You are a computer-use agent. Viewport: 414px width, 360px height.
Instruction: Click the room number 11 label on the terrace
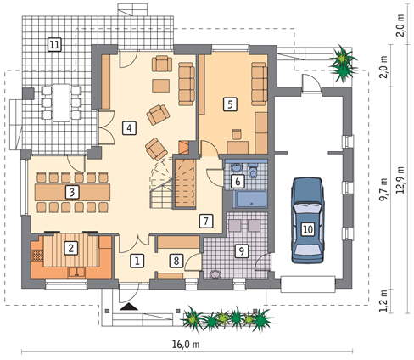coord(54,45)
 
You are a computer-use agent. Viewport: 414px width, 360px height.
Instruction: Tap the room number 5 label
coord(230,104)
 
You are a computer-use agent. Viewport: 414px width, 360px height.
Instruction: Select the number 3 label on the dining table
coord(72,192)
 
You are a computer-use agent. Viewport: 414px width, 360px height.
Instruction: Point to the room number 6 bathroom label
coord(238,181)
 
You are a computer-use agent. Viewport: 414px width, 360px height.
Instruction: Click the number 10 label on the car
coord(308,228)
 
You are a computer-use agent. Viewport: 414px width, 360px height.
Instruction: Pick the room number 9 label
coord(242,251)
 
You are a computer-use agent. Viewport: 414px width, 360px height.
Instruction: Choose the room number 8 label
coord(176,261)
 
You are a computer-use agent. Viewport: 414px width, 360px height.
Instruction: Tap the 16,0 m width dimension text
coord(186,345)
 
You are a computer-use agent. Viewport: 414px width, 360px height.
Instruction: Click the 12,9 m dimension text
coord(400,180)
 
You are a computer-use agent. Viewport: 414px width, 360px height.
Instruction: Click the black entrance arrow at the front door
coord(129,307)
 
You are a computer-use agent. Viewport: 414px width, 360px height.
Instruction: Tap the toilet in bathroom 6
coord(253,172)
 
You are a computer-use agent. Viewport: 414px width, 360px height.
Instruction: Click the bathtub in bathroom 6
coord(249,199)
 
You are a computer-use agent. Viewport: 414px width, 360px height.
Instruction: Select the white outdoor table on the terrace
coord(61,103)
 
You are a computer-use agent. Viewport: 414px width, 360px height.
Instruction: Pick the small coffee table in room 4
coord(161,86)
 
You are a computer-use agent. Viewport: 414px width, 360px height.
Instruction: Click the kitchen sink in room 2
coord(76,273)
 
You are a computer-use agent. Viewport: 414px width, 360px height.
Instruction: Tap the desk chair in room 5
coord(237,134)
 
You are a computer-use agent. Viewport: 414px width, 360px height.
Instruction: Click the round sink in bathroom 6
coord(236,167)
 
